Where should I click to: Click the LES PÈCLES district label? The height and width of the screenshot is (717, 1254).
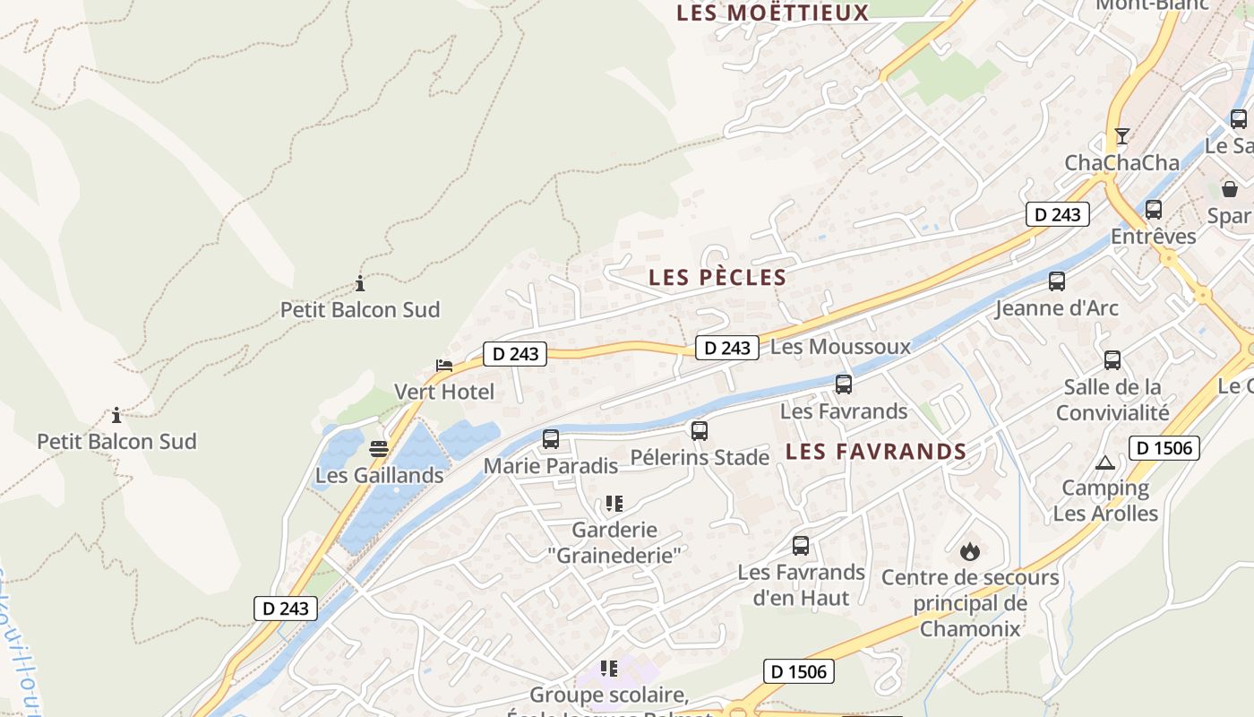pyautogui.click(x=717, y=278)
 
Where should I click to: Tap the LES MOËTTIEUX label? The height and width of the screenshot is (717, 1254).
pyautogui.click(x=772, y=13)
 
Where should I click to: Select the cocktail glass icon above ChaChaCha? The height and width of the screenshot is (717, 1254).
pyautogui.click(x=1121, y=136)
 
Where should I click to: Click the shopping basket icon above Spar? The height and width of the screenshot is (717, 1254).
pyautogui.click(x=1230, y=189)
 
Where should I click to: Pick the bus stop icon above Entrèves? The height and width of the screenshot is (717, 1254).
pyautogui.click(x=1154, y=210)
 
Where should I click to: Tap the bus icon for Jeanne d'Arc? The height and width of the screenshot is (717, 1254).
pyautogui.click(x=1057, y=281)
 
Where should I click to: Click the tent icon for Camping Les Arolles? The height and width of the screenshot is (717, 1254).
pyautogui.click(x=1104, y=462)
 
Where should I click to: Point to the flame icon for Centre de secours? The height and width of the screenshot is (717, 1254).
pyautogui.click(x=969, y=551)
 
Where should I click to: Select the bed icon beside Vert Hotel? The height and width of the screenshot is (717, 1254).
pyautogui.click(x=443, y=366)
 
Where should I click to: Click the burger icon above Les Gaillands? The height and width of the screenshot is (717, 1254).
pyautogui.click(x=379, y=448)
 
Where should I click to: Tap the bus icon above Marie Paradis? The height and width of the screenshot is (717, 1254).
pyautogui.click(x=551, y=439)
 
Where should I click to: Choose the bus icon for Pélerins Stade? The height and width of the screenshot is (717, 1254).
pyautogui.click(x=700, y=431)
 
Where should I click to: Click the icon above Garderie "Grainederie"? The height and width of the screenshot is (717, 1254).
pyautogui.click(x=614, y=504)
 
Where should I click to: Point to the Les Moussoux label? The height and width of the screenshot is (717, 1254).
pyautogui.click(x=840, y=347)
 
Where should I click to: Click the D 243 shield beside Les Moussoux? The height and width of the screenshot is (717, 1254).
pyautogui.click(x=727, y=348)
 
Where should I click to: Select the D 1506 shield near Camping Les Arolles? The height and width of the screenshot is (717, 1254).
pyautogui.click(x=1164, y=447)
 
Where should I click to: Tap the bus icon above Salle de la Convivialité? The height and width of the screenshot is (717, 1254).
pyautogui.click(x=1112, y=360)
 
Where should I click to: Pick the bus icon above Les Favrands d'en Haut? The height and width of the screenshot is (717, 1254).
pyautogui.click(x=801, y=546)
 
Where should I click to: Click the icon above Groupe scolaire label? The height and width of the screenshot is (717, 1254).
pyautogui.click(x=609, y=668)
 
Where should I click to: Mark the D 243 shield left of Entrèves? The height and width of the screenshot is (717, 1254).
pyautogui.click(x=1057, y=214)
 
